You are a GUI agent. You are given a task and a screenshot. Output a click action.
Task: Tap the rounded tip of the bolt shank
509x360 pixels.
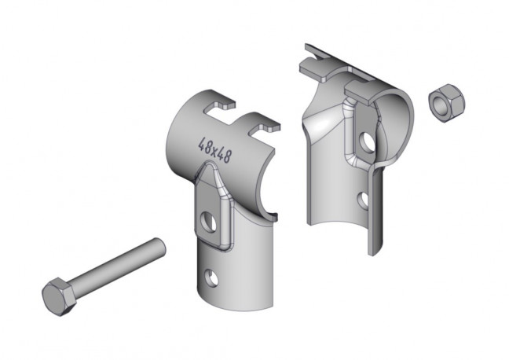pyautogui.click(x=160, y=246)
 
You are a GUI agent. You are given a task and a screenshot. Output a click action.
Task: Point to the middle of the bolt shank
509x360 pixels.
pyautogui.click(x=118, y=268)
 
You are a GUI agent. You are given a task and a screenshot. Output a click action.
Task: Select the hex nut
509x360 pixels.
pyautogui.click(x=446, y=103)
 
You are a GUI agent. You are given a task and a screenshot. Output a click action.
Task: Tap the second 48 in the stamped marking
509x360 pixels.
pyautogui.click(x=225, y=156)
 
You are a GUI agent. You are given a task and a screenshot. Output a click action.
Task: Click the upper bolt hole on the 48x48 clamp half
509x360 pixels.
pyautogui.click(x=209, y=222)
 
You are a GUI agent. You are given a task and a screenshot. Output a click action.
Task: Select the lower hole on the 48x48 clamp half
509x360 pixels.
pyautogui.click(x=211, y=277)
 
